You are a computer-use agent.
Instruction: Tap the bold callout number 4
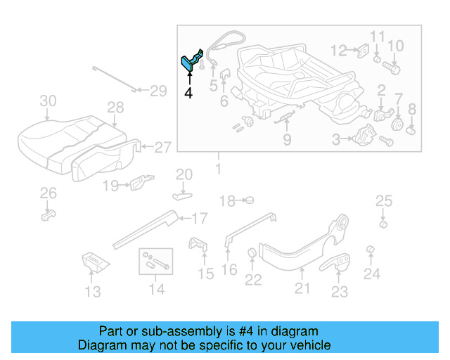[x=188, y=93]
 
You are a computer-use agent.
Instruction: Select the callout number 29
[x=158, y=90]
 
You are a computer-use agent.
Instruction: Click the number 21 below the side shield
[x=302, y=287]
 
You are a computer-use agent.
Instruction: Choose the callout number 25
[x=383, y=202]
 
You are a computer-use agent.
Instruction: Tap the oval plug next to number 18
[x=248, y=200]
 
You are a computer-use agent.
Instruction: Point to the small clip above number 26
[x=47, y=212]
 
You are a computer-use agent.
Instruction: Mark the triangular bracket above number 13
[x=93, y=261]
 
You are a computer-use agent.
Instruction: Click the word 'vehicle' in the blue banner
[x=307, y=345]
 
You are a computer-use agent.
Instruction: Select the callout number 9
[x=287, y=140]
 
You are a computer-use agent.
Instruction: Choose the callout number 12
[x=339, y=51]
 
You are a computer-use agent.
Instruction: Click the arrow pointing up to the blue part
[x=188, y=79]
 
